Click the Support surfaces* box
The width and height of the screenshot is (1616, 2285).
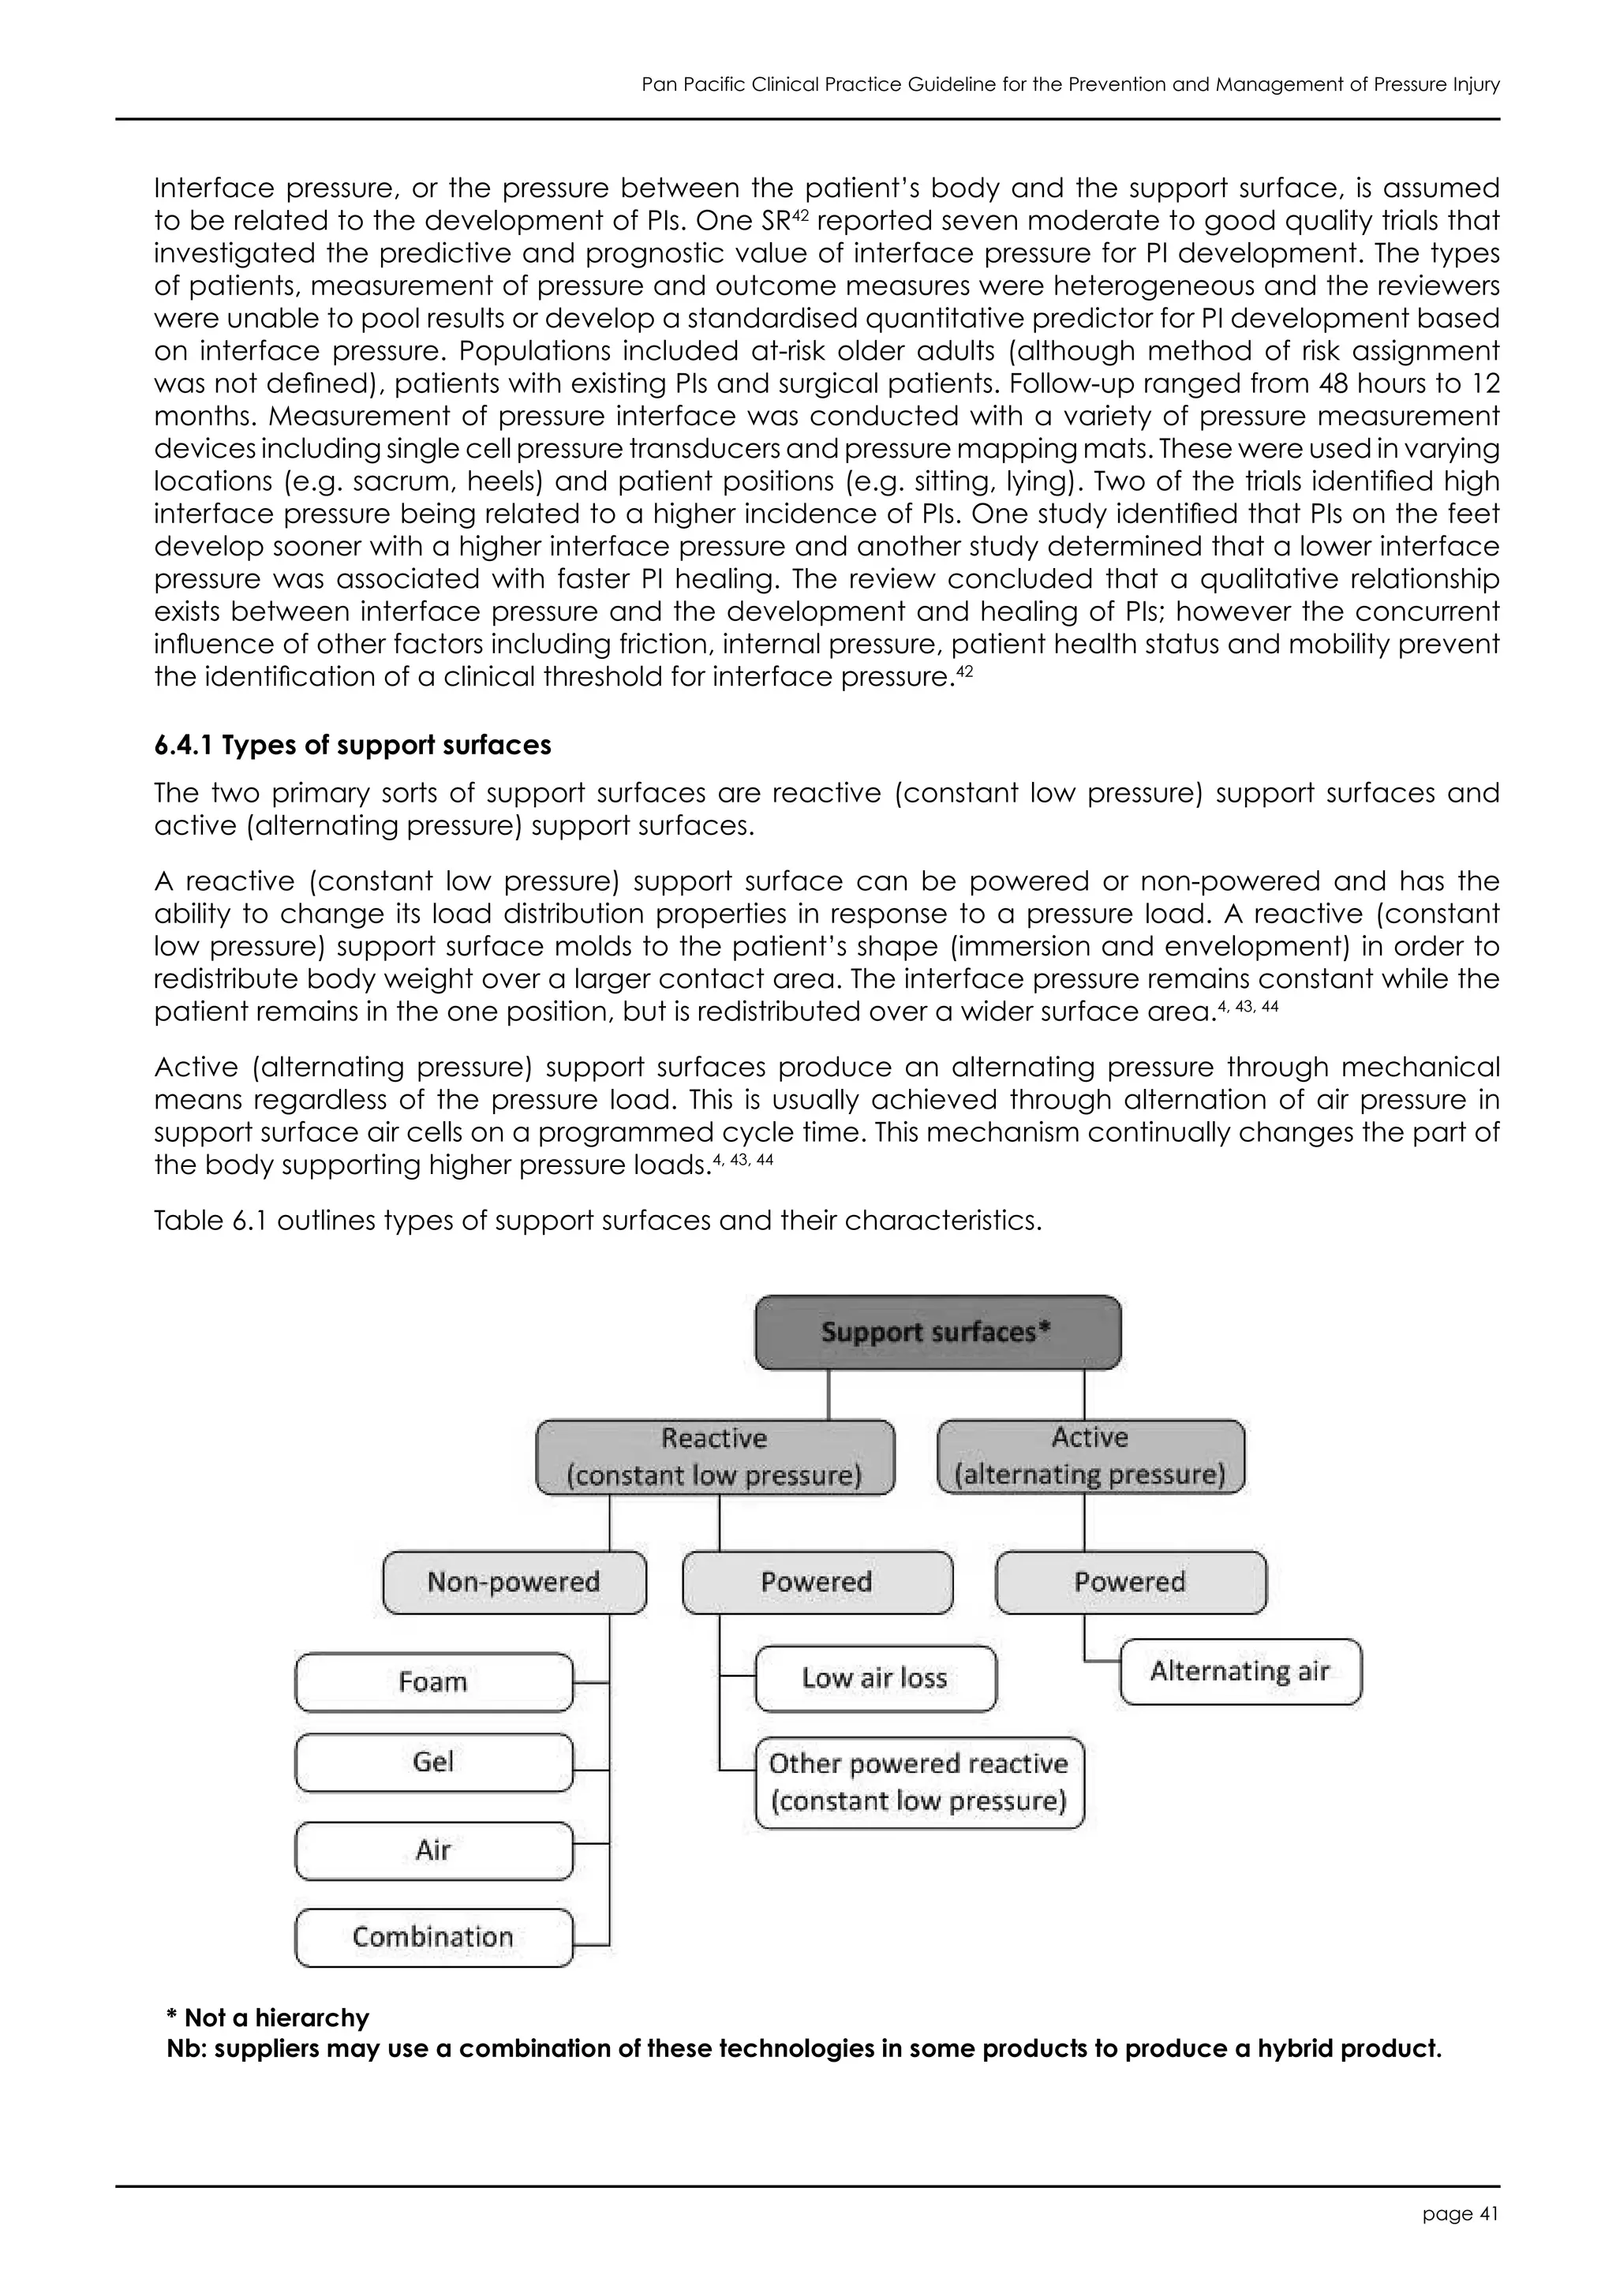coord(937,1332)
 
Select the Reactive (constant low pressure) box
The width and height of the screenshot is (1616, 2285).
coord(714,1456)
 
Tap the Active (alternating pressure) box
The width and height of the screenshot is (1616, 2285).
coord(1090,1455)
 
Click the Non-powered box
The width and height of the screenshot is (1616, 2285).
coord(514,1581)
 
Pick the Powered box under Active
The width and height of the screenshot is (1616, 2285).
coord(1131,1581)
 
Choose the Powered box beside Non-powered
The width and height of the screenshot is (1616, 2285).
coord(817,1581)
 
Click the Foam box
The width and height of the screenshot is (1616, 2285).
coord(433,1682)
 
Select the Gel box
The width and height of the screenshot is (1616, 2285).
coord(433,1762)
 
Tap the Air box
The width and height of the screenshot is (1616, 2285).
coord(433,1850)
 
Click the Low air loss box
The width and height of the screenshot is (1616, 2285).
coord(874,1678)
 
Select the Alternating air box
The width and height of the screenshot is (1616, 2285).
coord(1240,1671)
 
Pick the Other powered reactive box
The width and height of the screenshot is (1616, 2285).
coord(918,1782)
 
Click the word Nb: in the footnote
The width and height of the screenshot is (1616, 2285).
coord(185,2049)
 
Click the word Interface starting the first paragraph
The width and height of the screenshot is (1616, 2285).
coord(213,188)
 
